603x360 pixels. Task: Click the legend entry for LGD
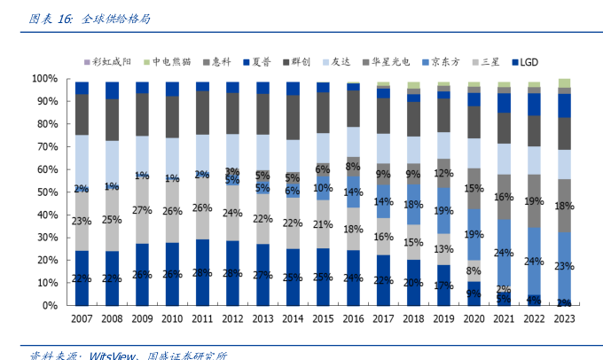click(x=522, y=62)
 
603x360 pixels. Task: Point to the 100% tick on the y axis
click(x=46, y=79)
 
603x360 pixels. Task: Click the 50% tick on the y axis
click(x=49, y=192)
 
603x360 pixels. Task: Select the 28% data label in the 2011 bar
click(x=202, y=272)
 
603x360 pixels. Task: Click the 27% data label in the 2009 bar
click(x=142, y=210)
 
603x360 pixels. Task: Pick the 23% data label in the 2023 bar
click(x=564, y=265)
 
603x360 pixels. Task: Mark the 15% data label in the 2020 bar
click(x=474, y=188)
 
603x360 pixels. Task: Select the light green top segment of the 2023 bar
click(x=564, y=82)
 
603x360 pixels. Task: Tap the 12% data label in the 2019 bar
click(x=443, y=173)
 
